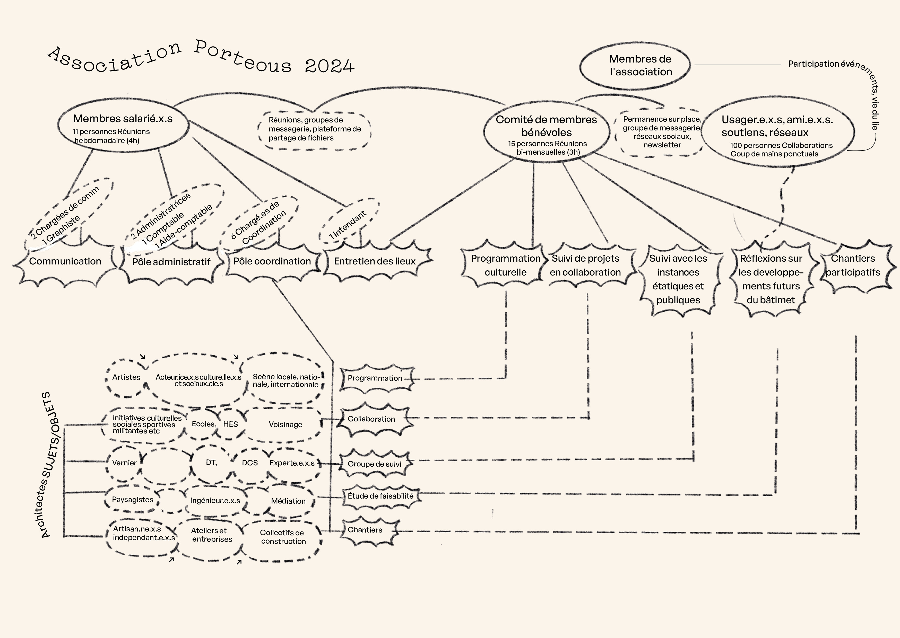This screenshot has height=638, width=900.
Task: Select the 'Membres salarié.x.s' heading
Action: coord(123,119)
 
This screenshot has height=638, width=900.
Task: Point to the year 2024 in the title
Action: coord(329,66)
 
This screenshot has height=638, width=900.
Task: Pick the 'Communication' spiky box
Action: coord(65,261)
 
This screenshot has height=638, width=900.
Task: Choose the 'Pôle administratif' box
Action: coord(171,262)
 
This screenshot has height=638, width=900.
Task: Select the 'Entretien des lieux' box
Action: coord(375,261)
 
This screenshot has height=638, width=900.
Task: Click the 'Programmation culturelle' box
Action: coord(505,265)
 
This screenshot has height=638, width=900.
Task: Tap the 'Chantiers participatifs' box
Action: coord(853,265)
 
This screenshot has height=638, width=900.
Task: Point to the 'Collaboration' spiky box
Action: coord(371,419)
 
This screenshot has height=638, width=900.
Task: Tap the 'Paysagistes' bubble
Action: coord(133,500)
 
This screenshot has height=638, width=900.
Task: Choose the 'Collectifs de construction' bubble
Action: coord(283,537)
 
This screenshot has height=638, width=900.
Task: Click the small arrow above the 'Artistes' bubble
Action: coord(143,357)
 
